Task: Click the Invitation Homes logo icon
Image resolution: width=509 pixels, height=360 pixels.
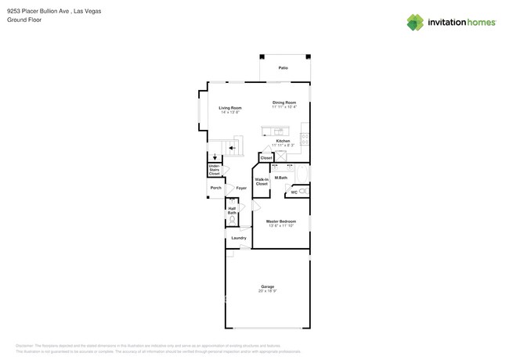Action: (415, 22)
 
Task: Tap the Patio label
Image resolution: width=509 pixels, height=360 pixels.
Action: (283, 68)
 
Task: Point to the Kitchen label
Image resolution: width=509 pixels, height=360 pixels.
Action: (283, 141)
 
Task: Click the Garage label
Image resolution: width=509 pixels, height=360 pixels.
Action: (267, 287)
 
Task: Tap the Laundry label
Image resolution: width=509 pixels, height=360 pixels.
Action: (239, 238)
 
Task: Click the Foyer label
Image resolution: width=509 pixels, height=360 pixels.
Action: (241, 188)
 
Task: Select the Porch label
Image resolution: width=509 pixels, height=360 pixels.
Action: (215, 188)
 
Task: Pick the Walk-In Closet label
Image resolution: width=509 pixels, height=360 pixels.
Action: (262, 182)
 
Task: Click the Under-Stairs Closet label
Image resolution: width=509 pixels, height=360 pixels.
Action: (214, 170)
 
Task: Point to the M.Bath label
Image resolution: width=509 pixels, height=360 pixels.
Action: (280, 178)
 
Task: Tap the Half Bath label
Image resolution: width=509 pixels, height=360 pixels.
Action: (232, 211)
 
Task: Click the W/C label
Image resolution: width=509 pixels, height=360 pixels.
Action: (294, 192)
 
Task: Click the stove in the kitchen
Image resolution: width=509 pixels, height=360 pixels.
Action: (305, 139)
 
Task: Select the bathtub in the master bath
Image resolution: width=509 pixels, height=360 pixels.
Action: (302, 172)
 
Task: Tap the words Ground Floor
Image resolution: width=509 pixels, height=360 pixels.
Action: (24, 20)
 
